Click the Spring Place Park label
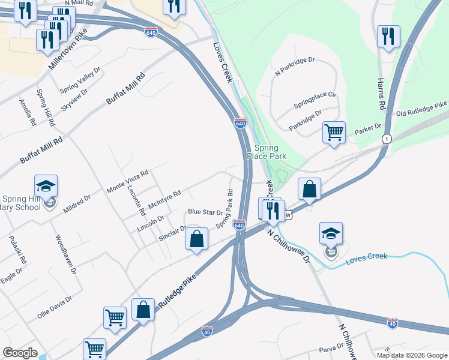(270, 152)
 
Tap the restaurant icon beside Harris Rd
(388, 37)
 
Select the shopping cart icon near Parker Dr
(334, 131)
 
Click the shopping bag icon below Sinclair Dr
(196, 239)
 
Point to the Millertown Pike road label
(68, 48)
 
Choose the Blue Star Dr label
(205, 212)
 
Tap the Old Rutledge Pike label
(421, 109)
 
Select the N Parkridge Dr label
(295, 68)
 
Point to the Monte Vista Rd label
(127, 181)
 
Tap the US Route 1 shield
(387, 139)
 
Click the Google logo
(20, 353)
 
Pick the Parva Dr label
(331, 350)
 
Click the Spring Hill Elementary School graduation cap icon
(45, 187)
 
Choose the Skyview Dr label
(74, 100)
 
